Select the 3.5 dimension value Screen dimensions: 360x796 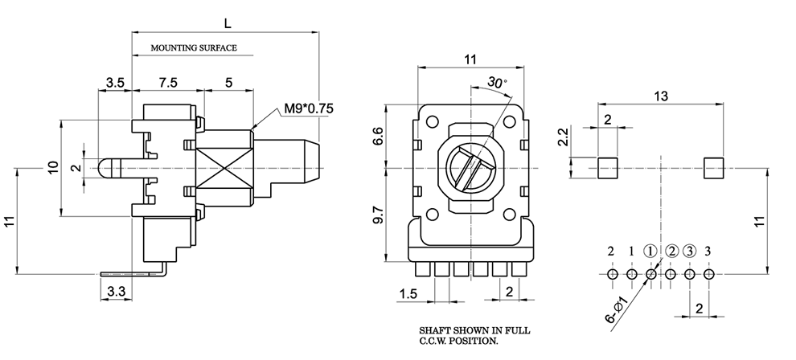tap(115, 82)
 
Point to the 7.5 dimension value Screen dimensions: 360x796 tap(167, 82)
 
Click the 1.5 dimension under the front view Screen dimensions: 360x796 tap(409, 294)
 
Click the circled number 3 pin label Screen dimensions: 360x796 tap(690, 251)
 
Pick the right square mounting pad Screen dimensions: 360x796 tap(714, 169)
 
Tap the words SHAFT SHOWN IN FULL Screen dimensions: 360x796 tap(474, 331)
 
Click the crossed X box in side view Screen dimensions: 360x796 tap(224, 167)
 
